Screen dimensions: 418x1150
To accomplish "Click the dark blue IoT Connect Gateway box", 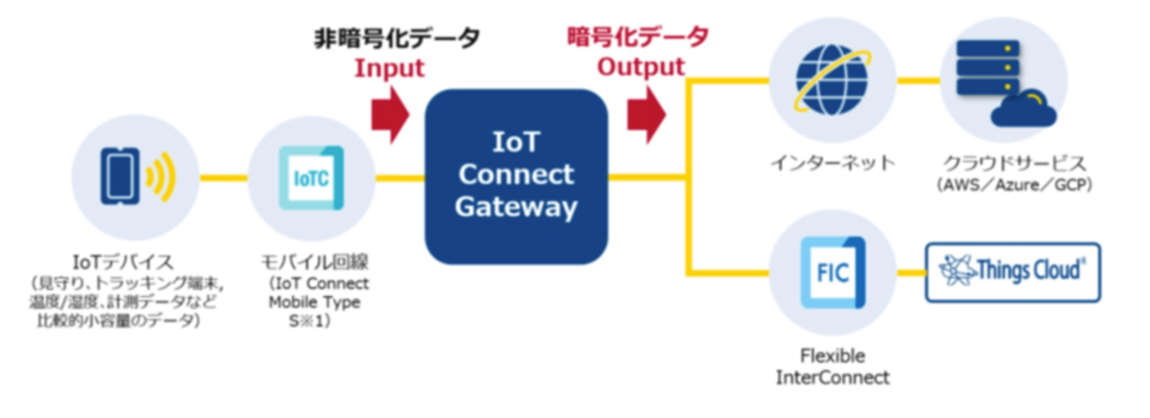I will [x=516, y=175].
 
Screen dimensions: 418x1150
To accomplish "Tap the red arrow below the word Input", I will [x=389, y=116].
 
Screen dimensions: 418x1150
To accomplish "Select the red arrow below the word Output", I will [x=646, y=116].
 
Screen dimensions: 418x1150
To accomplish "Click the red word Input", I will [x=389, y=68].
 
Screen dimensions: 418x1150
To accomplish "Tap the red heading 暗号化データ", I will [x=638, y=38].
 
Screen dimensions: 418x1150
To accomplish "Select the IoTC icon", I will [x=310, y=178].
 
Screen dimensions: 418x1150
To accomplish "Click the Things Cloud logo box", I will [x=1013, y=272].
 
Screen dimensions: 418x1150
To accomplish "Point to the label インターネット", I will [x=832, y=163].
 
